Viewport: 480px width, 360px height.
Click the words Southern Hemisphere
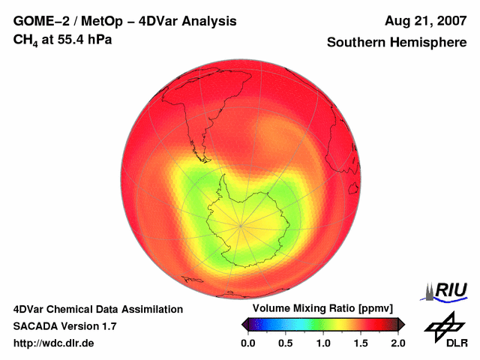pyautogui.click(x=396, y=43)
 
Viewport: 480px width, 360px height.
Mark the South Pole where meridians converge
pyautogui.click(x=241, y=223)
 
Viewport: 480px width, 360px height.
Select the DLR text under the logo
pyautogui.click(x=457, y=343)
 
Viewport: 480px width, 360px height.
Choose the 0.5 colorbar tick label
pyautogui.click(x=285, y=343)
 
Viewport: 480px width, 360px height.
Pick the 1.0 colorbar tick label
pyautogui.click(x=322, y=343)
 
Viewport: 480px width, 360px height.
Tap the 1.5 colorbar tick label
pyautogui.click(x=360, y=343)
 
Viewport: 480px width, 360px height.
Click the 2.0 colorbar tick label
pyautogui.click(x=397, y=343)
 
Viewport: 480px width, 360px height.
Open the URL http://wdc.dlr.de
pyautogui.click(x=54, y=343)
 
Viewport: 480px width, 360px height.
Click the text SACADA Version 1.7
pyautogui.click(x=64, y=326)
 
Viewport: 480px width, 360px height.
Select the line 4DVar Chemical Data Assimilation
pyautogui.click(x=98, y=309)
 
